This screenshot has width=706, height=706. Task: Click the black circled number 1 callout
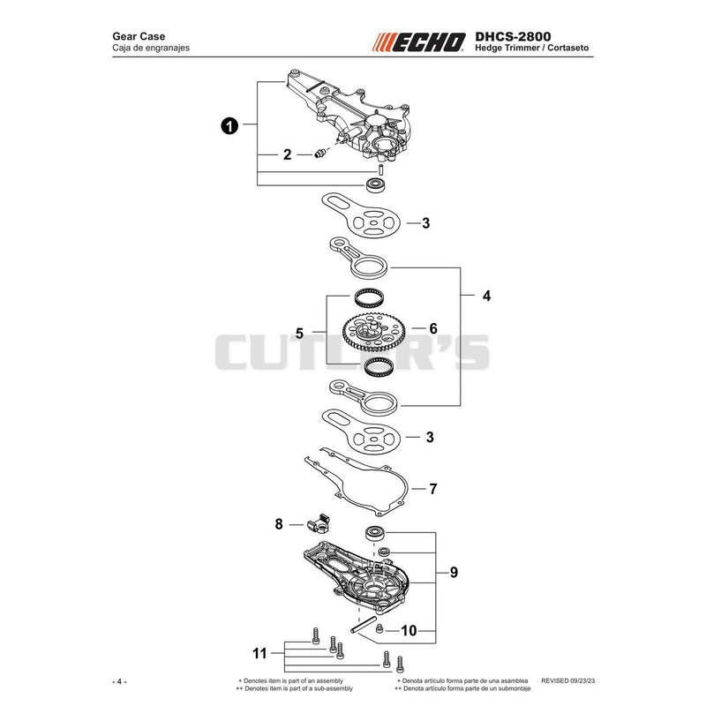(x=229, y=125)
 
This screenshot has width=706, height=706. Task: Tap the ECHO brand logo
(x=418, y=42)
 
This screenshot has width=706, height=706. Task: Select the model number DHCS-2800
(x=513, y=36)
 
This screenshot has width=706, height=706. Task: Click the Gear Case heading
(x=139, y=36)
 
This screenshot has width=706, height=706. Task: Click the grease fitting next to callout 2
(x=319, y=154)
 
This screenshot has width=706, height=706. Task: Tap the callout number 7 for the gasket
(x=432, y=489)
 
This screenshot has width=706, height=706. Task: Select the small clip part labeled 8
(x=318, y=522)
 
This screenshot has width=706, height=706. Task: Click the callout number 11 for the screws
(x=259, y=653)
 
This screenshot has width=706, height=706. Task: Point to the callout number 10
(x=409, y=630)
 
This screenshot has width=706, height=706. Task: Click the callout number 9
(x=454, y=572)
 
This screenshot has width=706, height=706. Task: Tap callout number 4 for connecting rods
(x=486, y=296)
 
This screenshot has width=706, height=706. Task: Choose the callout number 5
(x=299, y=334)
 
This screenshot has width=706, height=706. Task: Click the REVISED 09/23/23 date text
(x=567, y=680)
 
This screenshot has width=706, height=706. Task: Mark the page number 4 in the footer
(x=119, y=681)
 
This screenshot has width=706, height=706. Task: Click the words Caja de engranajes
(x=151, y=48)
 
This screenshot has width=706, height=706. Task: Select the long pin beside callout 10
(x=364, y=625)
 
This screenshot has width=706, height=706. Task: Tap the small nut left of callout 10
(x=379, y=627)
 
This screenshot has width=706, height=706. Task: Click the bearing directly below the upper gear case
(x=375, y=184)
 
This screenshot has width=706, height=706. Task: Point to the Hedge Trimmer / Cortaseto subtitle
(x=532, y=48)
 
